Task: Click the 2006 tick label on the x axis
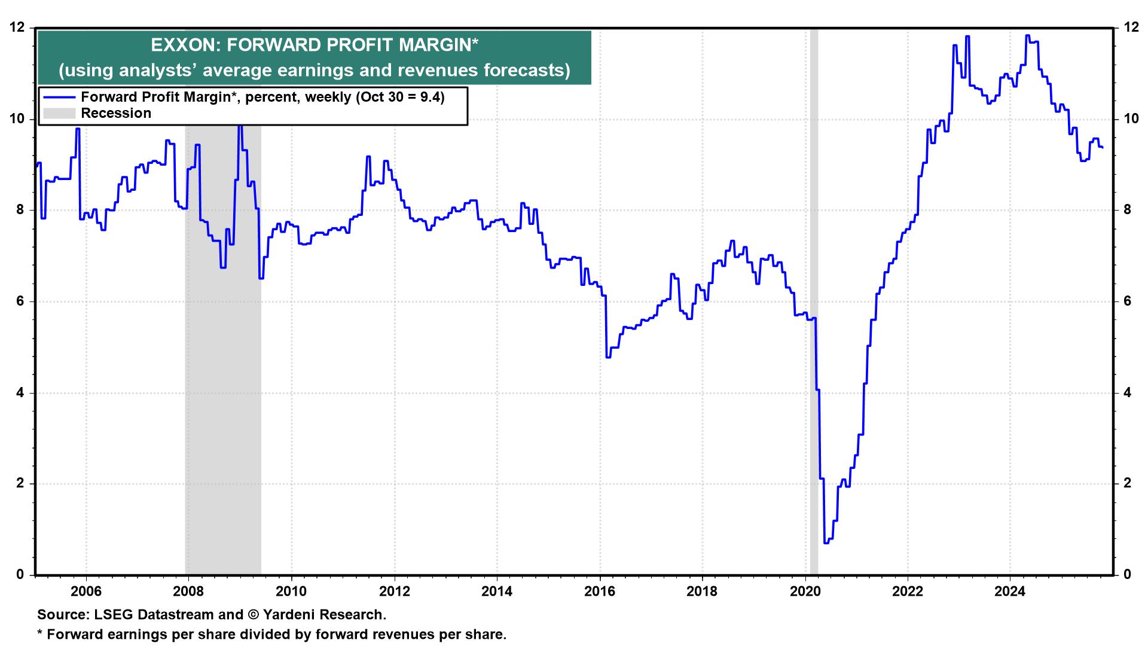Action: tap(86, 592)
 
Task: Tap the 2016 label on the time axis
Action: tap(600, 592)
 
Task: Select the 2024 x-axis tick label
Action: tap(1010, 592)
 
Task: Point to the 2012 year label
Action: tap(394, 592)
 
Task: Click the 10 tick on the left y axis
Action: tap(17, 119)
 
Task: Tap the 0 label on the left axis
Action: tap(20, 575)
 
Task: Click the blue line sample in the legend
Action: tap(59, 97)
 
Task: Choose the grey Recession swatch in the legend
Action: tap(59, 113)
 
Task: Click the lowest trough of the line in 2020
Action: tap(826, 543)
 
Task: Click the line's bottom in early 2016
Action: tap(608, 357)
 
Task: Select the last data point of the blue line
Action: tap(1102, 147)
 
